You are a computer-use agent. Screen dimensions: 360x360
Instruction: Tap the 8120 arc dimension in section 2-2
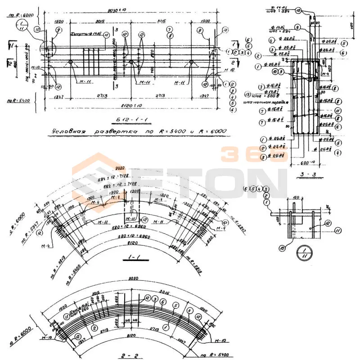click(130, 335)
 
